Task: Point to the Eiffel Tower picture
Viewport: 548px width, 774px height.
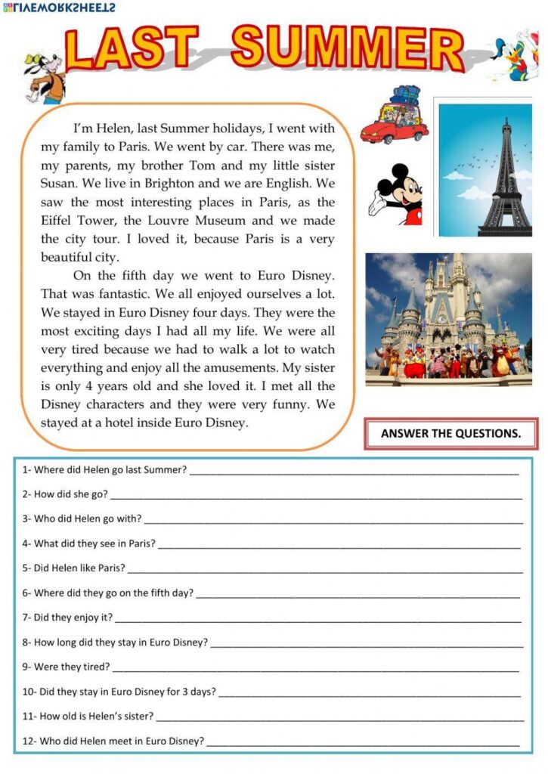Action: pyautogui.click(x=485, y=166)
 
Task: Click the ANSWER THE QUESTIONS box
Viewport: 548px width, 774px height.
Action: pyautogui.click(x=450, y=434)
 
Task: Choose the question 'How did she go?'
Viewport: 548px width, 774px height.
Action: pyautogui.click(x=65, y=494)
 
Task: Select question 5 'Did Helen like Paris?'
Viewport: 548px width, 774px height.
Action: pyautogui.click(x=74, y=568)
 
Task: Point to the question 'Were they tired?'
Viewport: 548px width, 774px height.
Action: pyautogui.click(x=67, y=667)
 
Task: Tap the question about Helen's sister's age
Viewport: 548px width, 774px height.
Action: pyautogui.click(x=88, y=716)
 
